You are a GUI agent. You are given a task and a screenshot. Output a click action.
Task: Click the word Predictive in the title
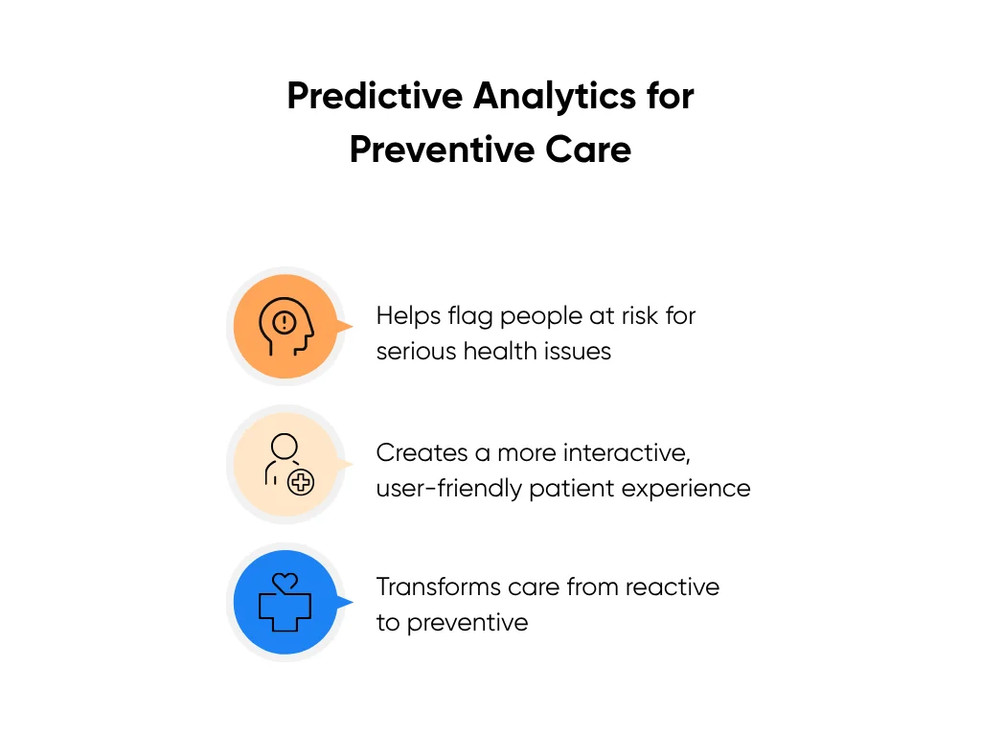[x=375, y=97]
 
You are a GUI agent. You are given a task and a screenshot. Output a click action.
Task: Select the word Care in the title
[x=588, y=150]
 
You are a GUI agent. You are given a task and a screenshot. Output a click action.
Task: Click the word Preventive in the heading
[x=443, y=150]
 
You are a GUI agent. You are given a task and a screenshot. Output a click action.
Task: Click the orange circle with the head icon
[x=285, y=326]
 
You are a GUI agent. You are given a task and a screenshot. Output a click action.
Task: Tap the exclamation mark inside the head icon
[x=285, y=322]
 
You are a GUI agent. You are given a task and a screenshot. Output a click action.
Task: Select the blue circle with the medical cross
[x=285, y=602]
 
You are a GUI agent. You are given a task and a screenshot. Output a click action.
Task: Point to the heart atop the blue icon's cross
[x=285, y=583]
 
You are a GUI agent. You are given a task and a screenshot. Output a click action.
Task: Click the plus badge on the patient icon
[x=301, y=483]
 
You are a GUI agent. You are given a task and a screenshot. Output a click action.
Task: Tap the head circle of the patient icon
[x=285, y=447]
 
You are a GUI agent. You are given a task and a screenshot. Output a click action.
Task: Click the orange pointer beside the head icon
[x=345, y=326]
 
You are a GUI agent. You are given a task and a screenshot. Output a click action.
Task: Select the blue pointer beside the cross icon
[x=345, y=602]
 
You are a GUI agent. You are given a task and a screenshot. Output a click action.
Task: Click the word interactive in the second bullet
[x=627, y=453]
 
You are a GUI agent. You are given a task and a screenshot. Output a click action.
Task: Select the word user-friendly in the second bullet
[x=448, y=489]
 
